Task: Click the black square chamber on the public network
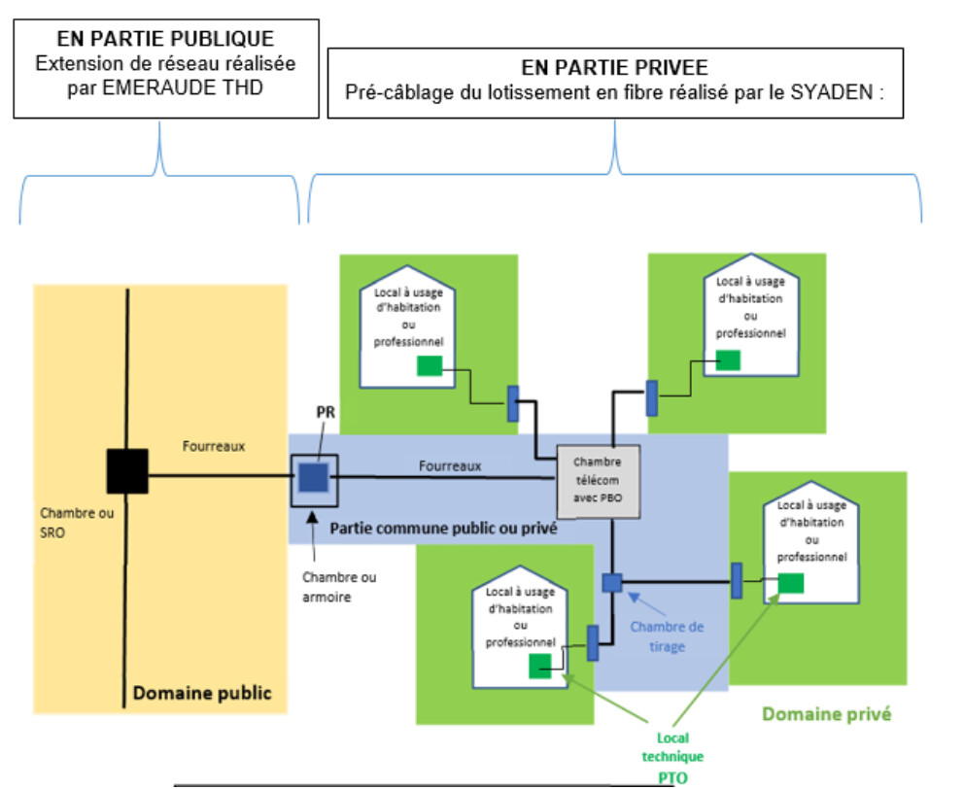[127, 471]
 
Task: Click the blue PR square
[313, 478]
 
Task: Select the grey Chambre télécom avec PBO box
[597, 481]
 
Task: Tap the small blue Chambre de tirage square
[611, 582]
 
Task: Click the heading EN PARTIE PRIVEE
[614, 68]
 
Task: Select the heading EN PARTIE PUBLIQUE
[165, 40]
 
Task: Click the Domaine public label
[202, 693]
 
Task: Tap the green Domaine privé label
[826, 714]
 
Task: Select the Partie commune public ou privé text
[443, 529]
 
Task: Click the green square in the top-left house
[430, 365]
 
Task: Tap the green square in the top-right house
[727, 360]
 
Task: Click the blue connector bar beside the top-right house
[652, 398]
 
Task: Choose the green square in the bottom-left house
[540, 666]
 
